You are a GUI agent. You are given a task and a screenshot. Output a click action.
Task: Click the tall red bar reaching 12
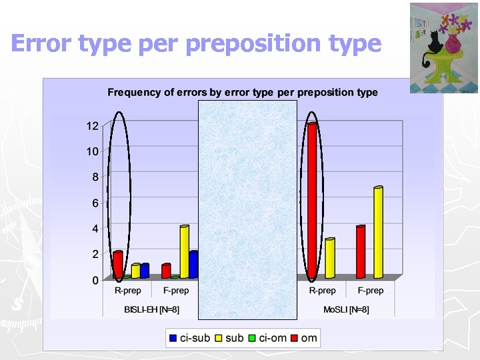pos(312,200)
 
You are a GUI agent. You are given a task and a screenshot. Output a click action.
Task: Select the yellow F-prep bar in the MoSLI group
pos(378,233)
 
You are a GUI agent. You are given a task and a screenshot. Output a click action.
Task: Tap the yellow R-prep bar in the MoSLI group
pos(329,259)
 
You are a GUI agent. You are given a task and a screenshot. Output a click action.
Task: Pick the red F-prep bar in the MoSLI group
pos(361,253)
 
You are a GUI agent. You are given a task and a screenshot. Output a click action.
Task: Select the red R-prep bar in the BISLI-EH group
pos(118,265)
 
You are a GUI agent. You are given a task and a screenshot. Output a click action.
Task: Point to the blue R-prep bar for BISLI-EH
pos(145,271)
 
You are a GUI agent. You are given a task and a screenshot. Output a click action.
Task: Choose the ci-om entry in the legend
pos(266,338)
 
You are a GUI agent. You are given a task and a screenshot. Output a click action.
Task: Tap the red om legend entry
pos(303,338)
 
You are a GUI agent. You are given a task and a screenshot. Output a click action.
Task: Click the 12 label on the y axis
pos(92,125)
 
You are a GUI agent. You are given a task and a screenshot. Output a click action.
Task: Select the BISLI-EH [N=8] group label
pos(151,309)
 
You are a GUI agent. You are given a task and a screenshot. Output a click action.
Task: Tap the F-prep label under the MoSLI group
pos(370,291)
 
